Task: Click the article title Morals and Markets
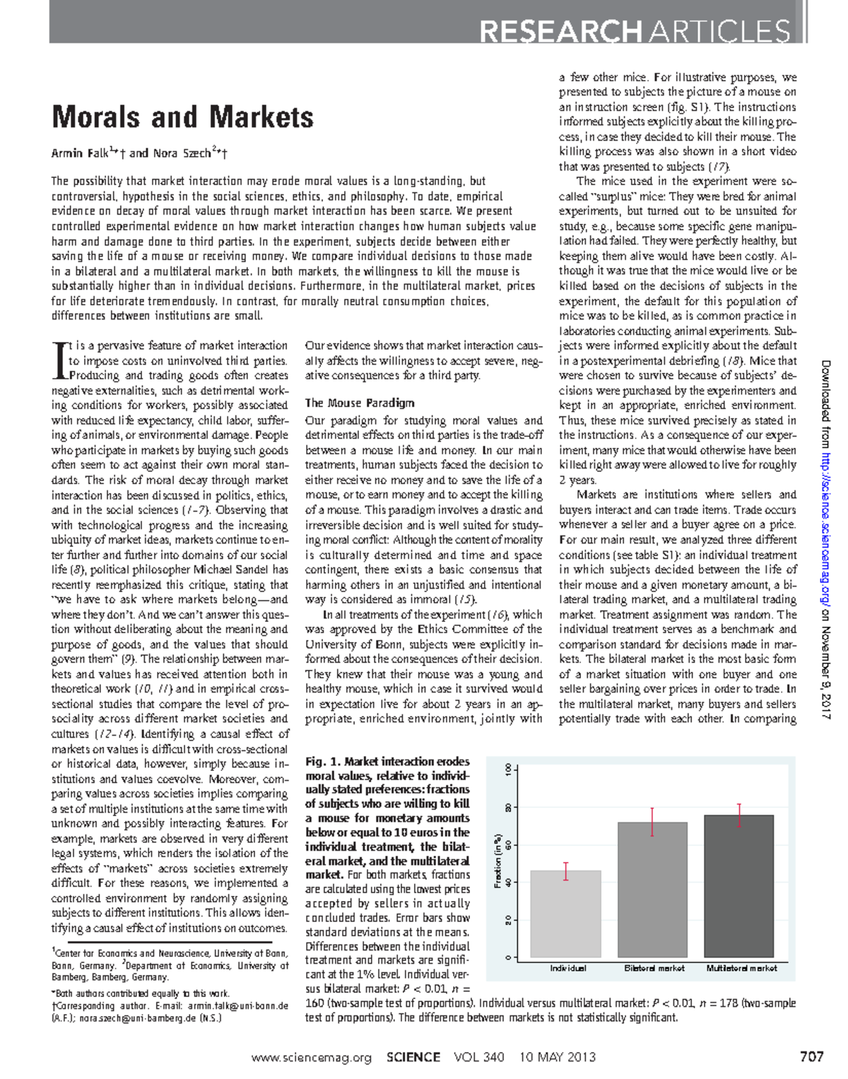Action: point(182,117)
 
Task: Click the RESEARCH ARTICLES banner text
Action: point(634,32)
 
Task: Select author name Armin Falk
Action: point(79,153)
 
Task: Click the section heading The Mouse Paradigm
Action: point(359,403)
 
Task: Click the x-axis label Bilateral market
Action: point(654,968)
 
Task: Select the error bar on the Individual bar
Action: point(565,871)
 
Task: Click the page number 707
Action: point(811,1057)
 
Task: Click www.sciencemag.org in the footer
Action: point(311,1058)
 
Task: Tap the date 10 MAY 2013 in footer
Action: point(557,1058)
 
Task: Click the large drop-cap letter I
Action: point(59,360)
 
